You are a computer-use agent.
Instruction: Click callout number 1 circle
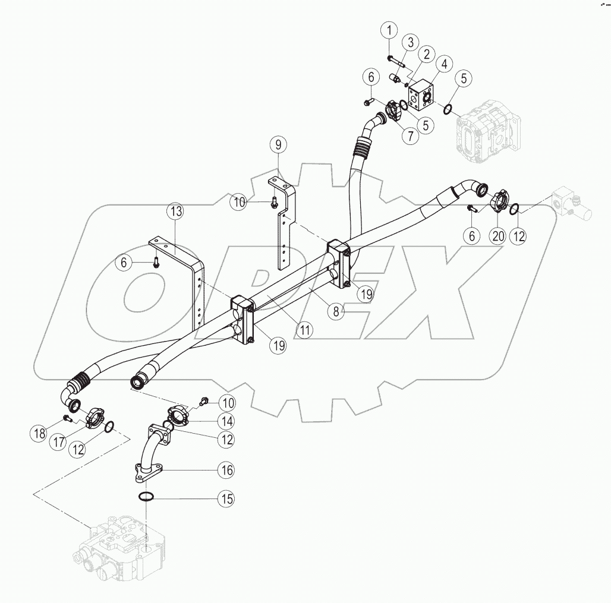389,30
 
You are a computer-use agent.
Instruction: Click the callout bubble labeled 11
305,330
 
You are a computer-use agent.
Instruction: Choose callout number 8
338,311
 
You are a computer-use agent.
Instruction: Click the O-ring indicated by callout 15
146,497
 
